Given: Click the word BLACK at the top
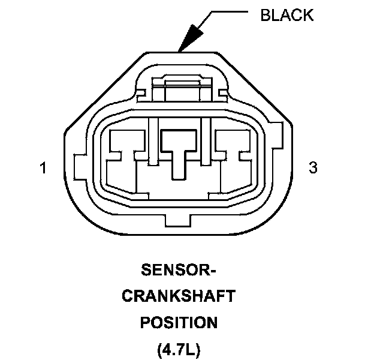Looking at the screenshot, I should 286,15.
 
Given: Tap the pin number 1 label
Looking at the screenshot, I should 42,168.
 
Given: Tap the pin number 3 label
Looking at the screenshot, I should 312,168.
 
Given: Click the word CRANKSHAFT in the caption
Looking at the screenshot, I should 179,297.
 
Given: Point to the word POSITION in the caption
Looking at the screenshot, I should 179,323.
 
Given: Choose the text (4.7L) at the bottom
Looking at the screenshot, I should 179,349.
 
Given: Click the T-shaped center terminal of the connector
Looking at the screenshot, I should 178,150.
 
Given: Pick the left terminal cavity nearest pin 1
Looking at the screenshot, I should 123,162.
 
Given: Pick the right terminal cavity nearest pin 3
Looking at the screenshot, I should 234,162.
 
